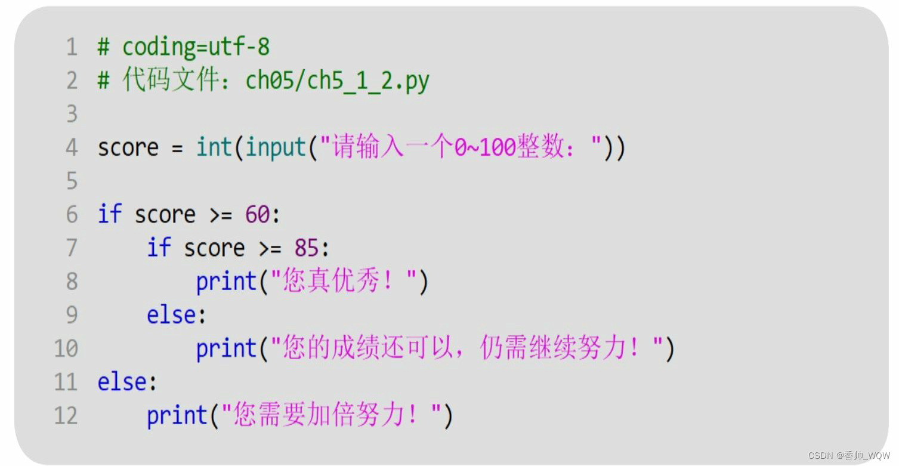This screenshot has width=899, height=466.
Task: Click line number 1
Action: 72,47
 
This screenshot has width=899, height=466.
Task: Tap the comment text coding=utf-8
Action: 196,47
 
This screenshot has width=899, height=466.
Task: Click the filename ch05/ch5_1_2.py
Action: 337,81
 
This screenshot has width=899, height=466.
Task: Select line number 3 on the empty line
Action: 72,113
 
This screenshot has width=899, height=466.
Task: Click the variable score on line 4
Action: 128,147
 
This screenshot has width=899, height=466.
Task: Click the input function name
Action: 276,147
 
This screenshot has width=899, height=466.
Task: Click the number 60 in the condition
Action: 257,215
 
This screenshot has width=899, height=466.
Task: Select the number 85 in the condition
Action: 307,248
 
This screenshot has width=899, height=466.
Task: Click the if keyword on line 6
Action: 109,215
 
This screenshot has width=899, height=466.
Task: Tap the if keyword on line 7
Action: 159,248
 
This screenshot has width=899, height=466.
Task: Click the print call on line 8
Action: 226,282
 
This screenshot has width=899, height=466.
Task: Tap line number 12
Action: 66,415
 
